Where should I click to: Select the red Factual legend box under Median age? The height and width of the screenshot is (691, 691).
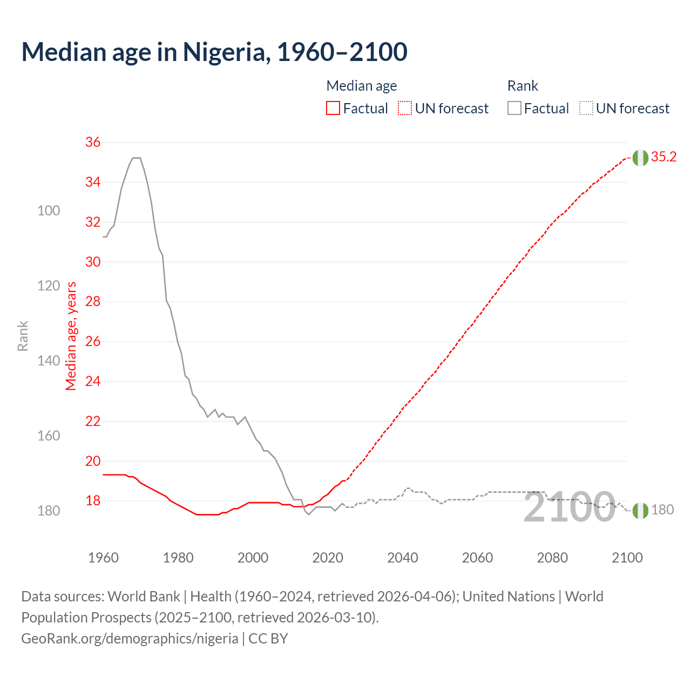333,109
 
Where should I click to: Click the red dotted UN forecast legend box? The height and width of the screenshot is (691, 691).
405,109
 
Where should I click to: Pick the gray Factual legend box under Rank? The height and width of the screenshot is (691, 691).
514,109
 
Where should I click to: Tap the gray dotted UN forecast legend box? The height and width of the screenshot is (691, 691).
586,109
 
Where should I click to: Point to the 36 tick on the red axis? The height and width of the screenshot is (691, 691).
93,142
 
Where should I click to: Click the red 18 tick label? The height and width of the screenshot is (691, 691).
93,500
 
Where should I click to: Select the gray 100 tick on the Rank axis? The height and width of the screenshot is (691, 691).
49,211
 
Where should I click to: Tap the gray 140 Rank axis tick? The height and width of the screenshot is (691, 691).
49,361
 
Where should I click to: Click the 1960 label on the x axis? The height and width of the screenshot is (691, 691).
103,558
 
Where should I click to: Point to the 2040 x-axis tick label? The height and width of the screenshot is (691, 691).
403,558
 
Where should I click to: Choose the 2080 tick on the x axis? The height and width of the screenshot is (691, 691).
552,558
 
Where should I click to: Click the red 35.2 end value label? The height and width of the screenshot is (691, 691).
663,157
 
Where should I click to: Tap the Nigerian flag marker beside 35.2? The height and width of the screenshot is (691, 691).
640,158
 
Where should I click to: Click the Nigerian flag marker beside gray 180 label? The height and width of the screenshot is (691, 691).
640,510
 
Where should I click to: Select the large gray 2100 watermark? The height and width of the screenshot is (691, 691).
569,507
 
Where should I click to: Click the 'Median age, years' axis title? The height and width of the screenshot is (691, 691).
71,336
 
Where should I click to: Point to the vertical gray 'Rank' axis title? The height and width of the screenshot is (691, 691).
23,336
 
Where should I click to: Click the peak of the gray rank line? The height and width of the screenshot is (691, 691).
137,158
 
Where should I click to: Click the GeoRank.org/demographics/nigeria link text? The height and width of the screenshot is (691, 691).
130,638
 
